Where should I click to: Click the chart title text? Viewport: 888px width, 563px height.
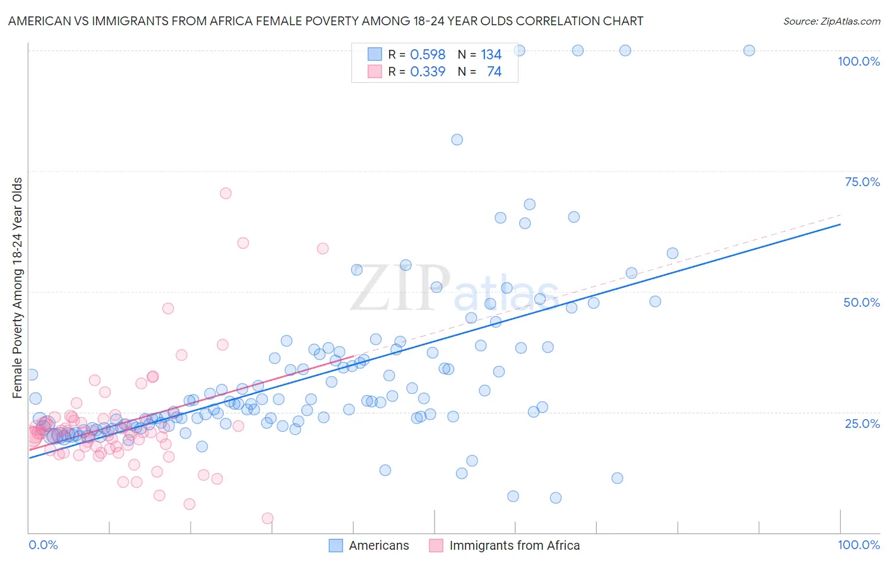[x=325, y=21]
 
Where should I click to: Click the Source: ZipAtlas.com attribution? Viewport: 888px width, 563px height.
[x=831, y=21]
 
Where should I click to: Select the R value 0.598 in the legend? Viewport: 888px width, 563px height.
[x=428, y=55]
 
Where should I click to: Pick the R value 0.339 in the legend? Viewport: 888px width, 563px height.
[x=428, y=72]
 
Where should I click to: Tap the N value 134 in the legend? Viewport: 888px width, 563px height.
[x=491, y=55]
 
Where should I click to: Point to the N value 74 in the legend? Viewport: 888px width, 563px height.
[x=494, y=72]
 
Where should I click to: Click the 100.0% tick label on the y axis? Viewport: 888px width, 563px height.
[x=858, y=61]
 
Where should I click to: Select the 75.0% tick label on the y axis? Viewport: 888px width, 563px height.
[x=862, y=182]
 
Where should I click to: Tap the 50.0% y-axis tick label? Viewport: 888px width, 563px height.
[x=861, y=302]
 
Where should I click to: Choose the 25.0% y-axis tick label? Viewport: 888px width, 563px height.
[x=862, y=424]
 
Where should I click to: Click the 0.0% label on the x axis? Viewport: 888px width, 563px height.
[x=43, y=545]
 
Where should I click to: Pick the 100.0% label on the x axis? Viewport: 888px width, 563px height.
[x=858, y=545]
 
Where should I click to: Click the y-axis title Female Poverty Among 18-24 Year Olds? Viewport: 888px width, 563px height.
[x=18, y=288]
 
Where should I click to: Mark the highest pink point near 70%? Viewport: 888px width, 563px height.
[x=225, y=193]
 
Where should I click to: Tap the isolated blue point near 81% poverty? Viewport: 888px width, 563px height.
[x=457, y=139]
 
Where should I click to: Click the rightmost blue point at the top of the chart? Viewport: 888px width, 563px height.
[x=749, y=50]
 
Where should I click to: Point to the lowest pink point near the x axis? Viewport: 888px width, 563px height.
[x=267, y=518]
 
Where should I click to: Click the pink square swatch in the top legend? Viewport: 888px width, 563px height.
[x=375, y=72]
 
